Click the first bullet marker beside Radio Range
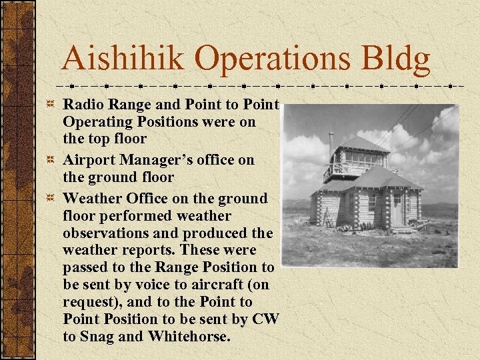click(52, 105)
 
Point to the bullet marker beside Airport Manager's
click(52, 161)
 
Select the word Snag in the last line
click(96, 337)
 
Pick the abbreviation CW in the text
click(266, 319)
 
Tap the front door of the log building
click(397, 209)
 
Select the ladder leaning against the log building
click(326, 217)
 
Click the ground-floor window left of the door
click(371, 203)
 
